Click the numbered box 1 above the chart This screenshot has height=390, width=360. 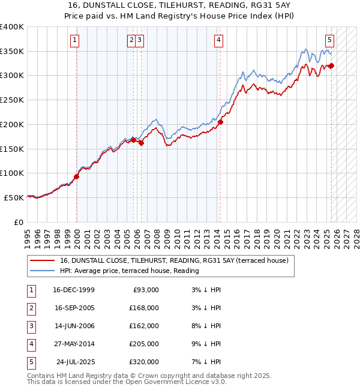coord(75,40)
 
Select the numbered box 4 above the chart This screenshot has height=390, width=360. coord(219,40)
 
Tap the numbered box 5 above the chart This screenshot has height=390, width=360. coord(330,40)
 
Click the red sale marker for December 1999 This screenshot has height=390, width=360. coord(77,177)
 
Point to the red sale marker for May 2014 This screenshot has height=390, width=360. coord(221,122)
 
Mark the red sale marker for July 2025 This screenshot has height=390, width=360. coord(332,66)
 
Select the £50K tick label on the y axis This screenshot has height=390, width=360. coord(14,197)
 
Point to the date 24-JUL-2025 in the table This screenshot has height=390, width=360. coord(76,362)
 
